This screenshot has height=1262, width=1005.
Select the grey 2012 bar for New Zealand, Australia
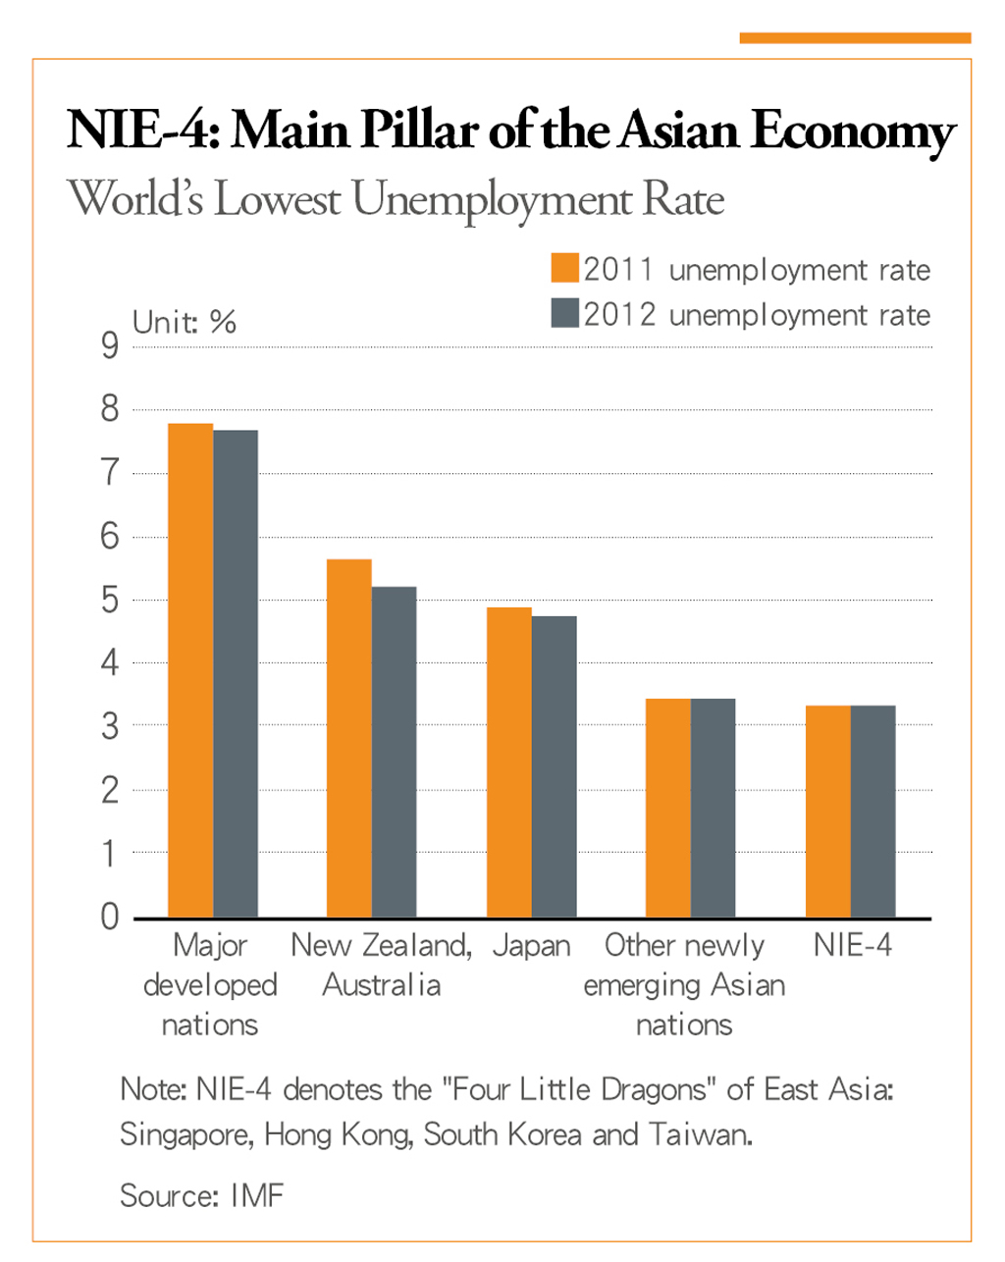coord(394,752)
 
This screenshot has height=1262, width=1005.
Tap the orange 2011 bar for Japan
coord(508,762)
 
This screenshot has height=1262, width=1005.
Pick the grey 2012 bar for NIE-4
coord(873,812)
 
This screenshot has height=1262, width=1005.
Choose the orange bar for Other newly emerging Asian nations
coord(667,808)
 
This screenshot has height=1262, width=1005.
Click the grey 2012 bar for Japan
coord(555,766)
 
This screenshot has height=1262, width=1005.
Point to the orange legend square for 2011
coord(565,269)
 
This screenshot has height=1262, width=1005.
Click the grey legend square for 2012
coord(565,313)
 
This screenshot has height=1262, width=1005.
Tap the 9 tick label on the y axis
coord(110,346)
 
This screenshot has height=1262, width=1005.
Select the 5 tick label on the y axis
coord(110,600)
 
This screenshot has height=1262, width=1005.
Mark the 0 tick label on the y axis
coord(110,917)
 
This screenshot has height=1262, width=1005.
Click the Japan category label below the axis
coord(531,946)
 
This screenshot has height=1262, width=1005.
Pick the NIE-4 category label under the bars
coord(853,945)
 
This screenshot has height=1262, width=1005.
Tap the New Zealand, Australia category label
coord(382,965)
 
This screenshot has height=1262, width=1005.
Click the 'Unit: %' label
coord(185,322)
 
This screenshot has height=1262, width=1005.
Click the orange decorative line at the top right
coord(855,38)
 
